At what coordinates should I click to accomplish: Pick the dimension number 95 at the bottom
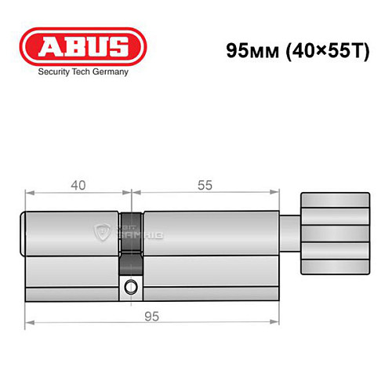152,317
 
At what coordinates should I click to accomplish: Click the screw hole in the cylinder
130,286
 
